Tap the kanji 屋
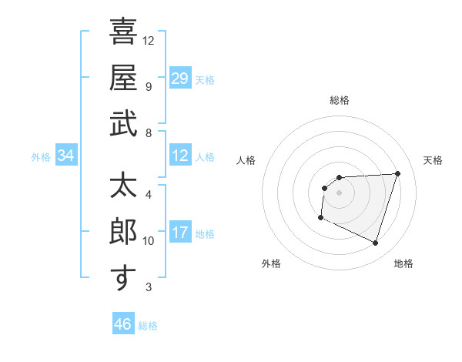tap(123, 78)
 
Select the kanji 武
tap(123, 124)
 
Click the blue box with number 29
tap(180, 78)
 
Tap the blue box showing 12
tap(180, 156)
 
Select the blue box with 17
tap(180, 233)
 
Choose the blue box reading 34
tap(66, 156)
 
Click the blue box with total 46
tap(123, 323)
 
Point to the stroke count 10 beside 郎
tap(149, 241)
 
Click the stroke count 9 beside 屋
tap(149, 86)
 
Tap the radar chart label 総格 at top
tap(339, 100)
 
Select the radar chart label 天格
tap(434, 160)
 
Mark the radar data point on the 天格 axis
tap(397, 173)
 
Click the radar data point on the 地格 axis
tap(375, 243)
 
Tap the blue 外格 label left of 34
tap(41, 157)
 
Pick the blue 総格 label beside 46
tap(148, 326)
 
